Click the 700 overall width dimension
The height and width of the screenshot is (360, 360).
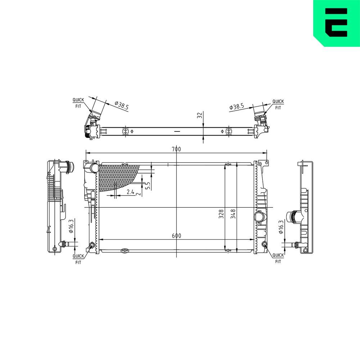176,149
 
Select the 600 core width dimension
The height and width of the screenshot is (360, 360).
176,236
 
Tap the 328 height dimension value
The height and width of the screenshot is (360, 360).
221,214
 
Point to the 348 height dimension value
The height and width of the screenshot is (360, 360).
233,214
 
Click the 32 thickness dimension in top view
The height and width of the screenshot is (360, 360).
199,116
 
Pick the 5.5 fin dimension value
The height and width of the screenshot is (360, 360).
147,185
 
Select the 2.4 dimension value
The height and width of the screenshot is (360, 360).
130,192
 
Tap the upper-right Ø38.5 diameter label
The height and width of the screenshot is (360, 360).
237,107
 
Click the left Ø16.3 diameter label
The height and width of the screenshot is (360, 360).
71,226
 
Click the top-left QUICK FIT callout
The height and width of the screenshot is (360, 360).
78,103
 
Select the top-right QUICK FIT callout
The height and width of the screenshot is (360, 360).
278,104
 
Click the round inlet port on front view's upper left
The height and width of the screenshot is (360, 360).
94,168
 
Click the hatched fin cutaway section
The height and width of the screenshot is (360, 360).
119,176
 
